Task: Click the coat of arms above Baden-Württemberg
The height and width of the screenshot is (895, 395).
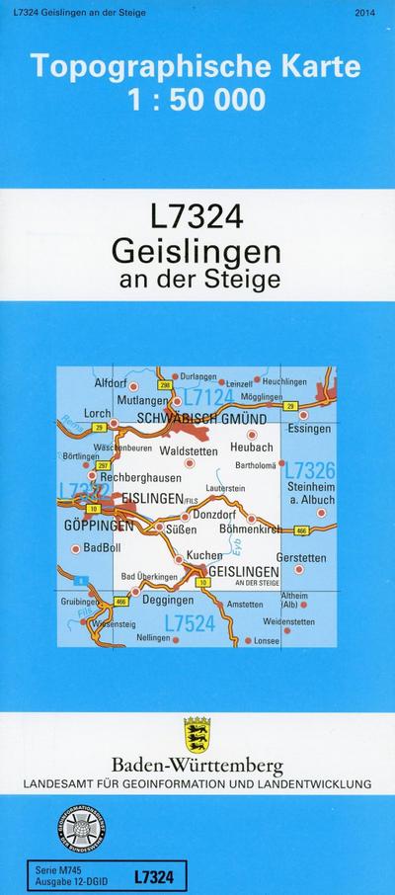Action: pyautogui.click(x=197, y=734)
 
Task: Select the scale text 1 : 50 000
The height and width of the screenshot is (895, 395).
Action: pyautogui.click(x=196, y=99)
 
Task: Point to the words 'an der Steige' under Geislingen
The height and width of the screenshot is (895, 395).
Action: pyautogui.click(x=198, y=279)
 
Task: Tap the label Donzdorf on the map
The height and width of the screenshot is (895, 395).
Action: pyautogui.click(x=216, y=516)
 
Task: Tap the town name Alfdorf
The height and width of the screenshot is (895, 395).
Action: pyautogui.click(x=112, y=381)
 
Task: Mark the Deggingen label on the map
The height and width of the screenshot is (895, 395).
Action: pyautogui.click(x=168, y=600)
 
